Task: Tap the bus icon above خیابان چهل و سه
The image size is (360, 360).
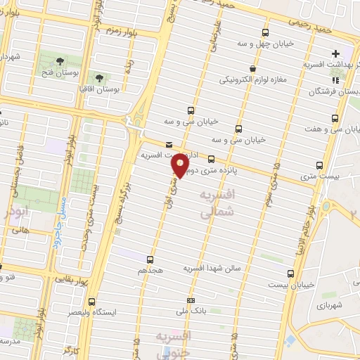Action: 265,32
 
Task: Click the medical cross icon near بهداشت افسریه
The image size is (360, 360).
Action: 335,53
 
